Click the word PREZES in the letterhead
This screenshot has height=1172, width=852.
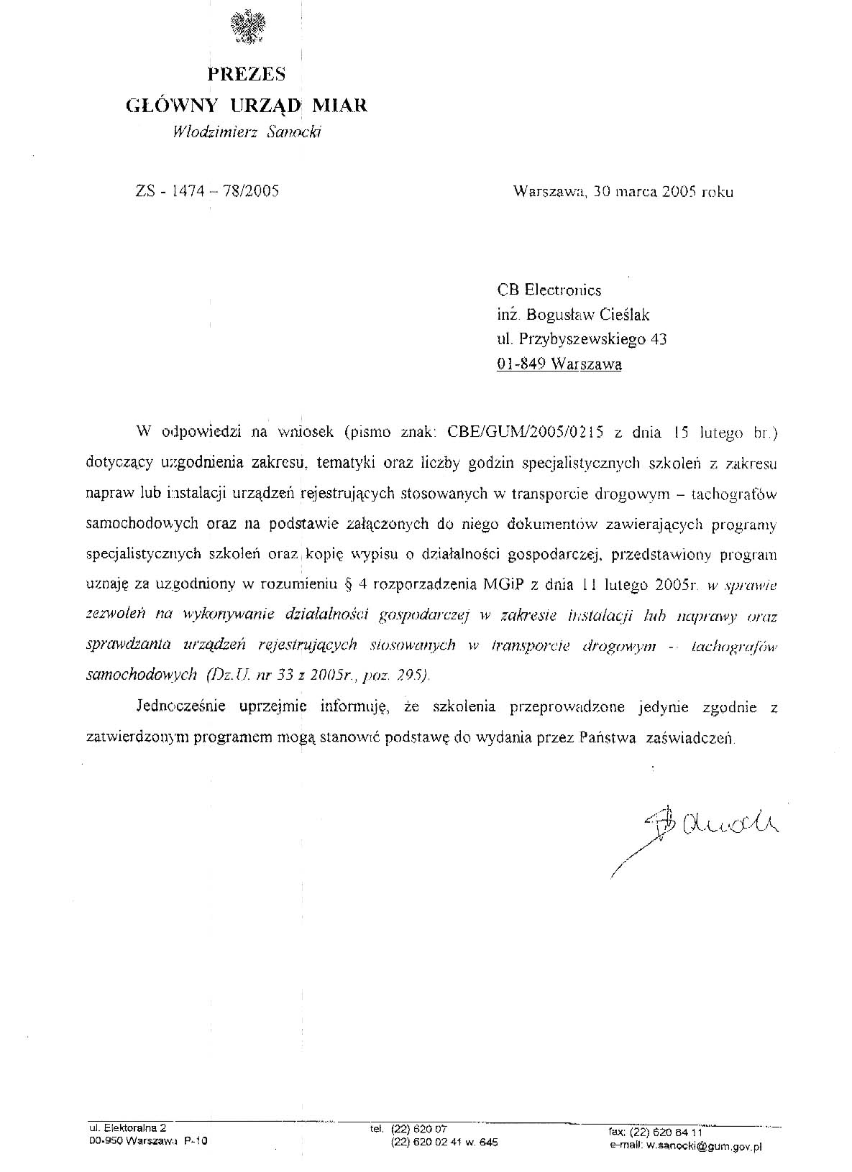pyautogui.click(x=246, y=74)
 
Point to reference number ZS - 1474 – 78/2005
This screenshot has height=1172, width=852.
pyautogui.click(x=206, y=191)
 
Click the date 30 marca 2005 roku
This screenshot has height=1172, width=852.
pyautogui.click(x=665, y=191)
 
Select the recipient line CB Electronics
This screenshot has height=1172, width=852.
pyautogui.click(x=549, y=290)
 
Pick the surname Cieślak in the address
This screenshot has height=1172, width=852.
pyautogui.click(x=626, y=315)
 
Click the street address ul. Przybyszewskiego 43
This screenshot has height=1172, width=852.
pyautogui.click(x=581, y=339)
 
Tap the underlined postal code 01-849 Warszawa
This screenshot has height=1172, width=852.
pyautogui.click(x=559, y=364)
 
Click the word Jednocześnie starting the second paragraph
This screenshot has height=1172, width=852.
pyautogui.click(x=182, y=707)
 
